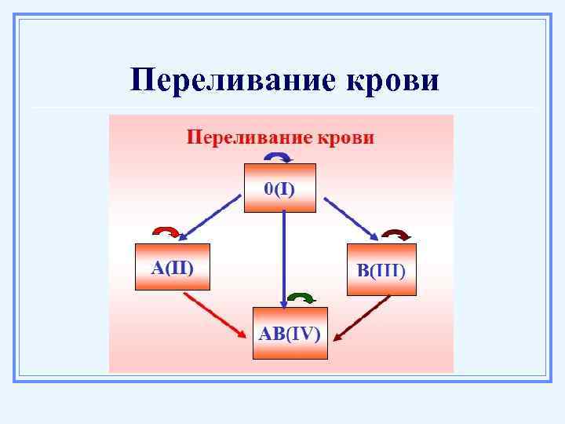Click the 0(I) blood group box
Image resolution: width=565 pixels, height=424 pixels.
(x=279, y=188)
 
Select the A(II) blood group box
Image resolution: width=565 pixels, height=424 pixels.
(x=173, y=267)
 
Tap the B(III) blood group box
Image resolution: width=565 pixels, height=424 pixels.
(x=381, y=269)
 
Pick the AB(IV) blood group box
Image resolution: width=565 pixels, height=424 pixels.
(x=290, y=333)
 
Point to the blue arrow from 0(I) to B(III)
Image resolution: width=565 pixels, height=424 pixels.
(x=352, y=217)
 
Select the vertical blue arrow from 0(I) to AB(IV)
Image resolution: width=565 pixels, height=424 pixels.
(x=283, y=259)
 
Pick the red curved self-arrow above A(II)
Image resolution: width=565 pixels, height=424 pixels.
(x=166, y=231)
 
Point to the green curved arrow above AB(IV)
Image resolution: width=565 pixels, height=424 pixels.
(x=301, y=297)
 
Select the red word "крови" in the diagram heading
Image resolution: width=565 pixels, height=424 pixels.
(x=344, y=138)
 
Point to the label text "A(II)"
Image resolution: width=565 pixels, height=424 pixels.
(x=172, y=267)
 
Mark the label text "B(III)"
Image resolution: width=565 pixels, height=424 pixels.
(x=381, y=271)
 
